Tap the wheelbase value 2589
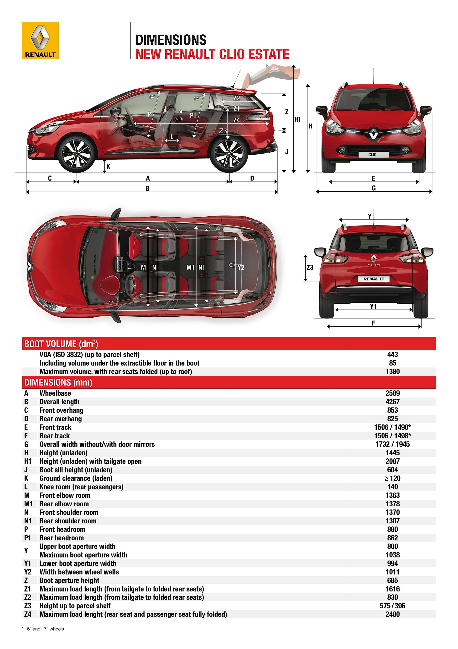392,393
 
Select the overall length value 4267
392,402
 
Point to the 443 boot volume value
392,354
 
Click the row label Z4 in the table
28,614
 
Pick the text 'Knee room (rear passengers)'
81,487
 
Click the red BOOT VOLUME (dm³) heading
61,344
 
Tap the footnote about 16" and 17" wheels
43,629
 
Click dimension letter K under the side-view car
108,167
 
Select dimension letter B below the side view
147,188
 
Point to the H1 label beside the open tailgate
297,119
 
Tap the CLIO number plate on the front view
373,155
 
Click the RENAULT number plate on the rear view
374,279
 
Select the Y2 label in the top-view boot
241,267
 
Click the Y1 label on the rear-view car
373,306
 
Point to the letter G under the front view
374,188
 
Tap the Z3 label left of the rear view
310,267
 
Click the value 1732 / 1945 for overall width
392,444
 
